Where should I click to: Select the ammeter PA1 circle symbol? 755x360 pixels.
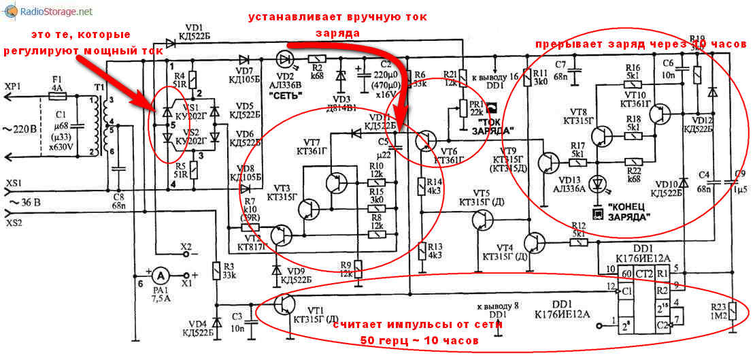click(x=161, y=275)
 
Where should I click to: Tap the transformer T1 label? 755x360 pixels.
click(x=100, y=89)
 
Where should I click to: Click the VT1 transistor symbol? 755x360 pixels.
click(x=284, y=304)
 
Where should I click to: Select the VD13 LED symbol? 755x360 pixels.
click(x=599, y=182)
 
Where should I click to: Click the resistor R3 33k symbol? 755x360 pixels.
click(x=216, y=271)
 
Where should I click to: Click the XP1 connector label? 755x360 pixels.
click(x=14, y=86)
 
